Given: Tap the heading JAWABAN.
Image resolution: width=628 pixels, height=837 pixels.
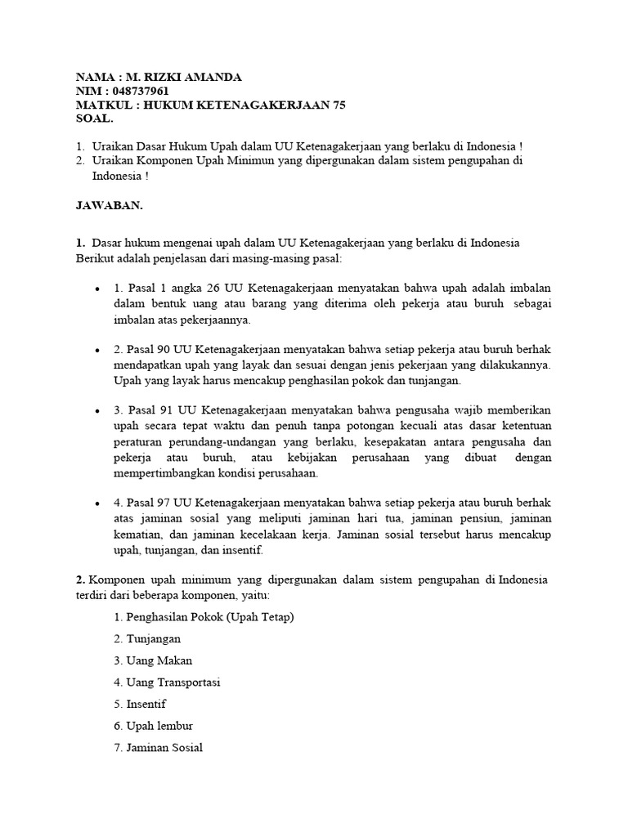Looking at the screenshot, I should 109,206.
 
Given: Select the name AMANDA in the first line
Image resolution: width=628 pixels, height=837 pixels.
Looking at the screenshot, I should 213,77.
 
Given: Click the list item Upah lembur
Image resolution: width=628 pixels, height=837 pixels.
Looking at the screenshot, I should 154,725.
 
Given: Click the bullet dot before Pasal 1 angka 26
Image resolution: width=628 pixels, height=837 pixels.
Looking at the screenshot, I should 97,290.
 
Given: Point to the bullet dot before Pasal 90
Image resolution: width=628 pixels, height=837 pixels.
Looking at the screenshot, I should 97,350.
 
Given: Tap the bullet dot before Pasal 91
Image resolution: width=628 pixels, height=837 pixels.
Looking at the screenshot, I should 97,410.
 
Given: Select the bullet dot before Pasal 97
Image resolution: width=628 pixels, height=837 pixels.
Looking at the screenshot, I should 97,504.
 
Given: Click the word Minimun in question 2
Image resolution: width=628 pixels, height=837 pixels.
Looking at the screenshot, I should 265,160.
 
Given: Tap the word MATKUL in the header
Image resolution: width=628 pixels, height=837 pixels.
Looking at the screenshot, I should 102,105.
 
